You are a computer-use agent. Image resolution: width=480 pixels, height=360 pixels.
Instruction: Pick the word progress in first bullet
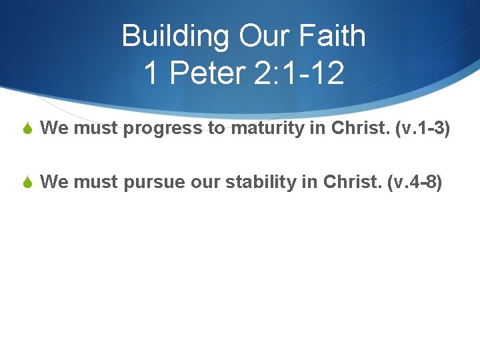(x=164, y=129)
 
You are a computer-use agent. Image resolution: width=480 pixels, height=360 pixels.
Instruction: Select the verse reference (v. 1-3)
(x=423, y=128)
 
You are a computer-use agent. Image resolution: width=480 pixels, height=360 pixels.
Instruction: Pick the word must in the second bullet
(x=95, y=182)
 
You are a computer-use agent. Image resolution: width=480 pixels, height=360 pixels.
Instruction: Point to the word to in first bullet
(x=217, y=129)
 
